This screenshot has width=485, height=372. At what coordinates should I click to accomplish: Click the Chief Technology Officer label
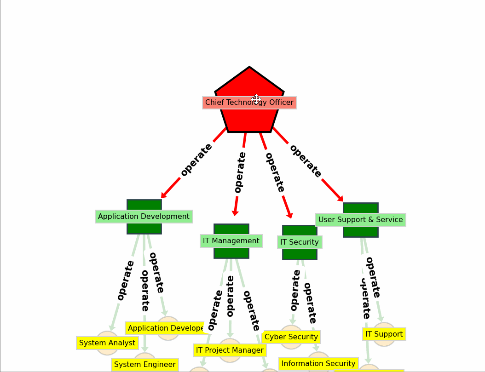tap(249, 103)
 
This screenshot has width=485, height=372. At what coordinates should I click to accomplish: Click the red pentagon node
tap(249, 83)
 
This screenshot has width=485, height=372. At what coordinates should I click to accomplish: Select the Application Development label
tap(144, 217)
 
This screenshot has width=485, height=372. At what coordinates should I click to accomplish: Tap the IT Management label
tap(231, 241)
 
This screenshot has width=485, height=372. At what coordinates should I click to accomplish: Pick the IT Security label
tap(299, 242)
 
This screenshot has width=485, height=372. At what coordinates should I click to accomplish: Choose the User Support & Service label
tap(360, 220)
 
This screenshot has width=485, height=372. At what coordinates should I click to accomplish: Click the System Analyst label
tap(107, 343)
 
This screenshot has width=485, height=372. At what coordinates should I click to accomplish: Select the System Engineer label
tap(144, 365)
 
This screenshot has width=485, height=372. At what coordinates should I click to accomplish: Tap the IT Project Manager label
tap(230, 350)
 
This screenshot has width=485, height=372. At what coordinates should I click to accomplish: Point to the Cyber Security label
tap(291, 337)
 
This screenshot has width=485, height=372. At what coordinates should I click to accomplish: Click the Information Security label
tap(318, 364)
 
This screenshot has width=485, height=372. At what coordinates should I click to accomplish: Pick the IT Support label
tap(384, 334)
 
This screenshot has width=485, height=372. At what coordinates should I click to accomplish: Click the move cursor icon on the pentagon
tap(256, 99)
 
